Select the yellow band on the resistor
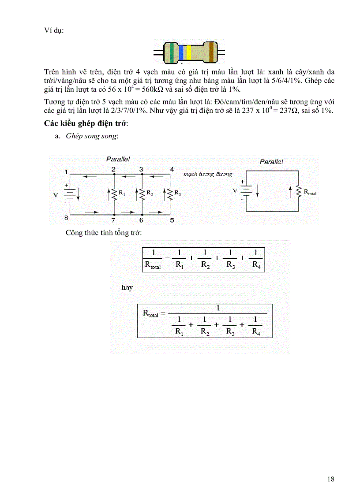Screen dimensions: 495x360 pyautogui.click(x=189, y=52)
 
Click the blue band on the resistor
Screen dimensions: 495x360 pyautogui.click(x=181, y=52)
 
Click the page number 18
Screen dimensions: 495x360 pyautogui.click(x=331, y=479)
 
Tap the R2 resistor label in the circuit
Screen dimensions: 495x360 pyautogui.click(x=150, y=193)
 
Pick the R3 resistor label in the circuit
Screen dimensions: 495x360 pyautogui.click(x=177, y=193)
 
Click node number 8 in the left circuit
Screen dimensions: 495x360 pyautogui.click(x=66, y=218)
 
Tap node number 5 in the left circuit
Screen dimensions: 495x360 pyautogui.click(x=172, y=220)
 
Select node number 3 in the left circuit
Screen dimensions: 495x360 pyautogui.click(x=141, y=169)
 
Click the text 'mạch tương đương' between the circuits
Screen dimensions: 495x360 pyautogui.click(x=208, y=174)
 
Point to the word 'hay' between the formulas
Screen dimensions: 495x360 pyautogui.click(x=127, y=287)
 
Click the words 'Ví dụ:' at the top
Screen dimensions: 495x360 pyautogui.click(x=54, y=30)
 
